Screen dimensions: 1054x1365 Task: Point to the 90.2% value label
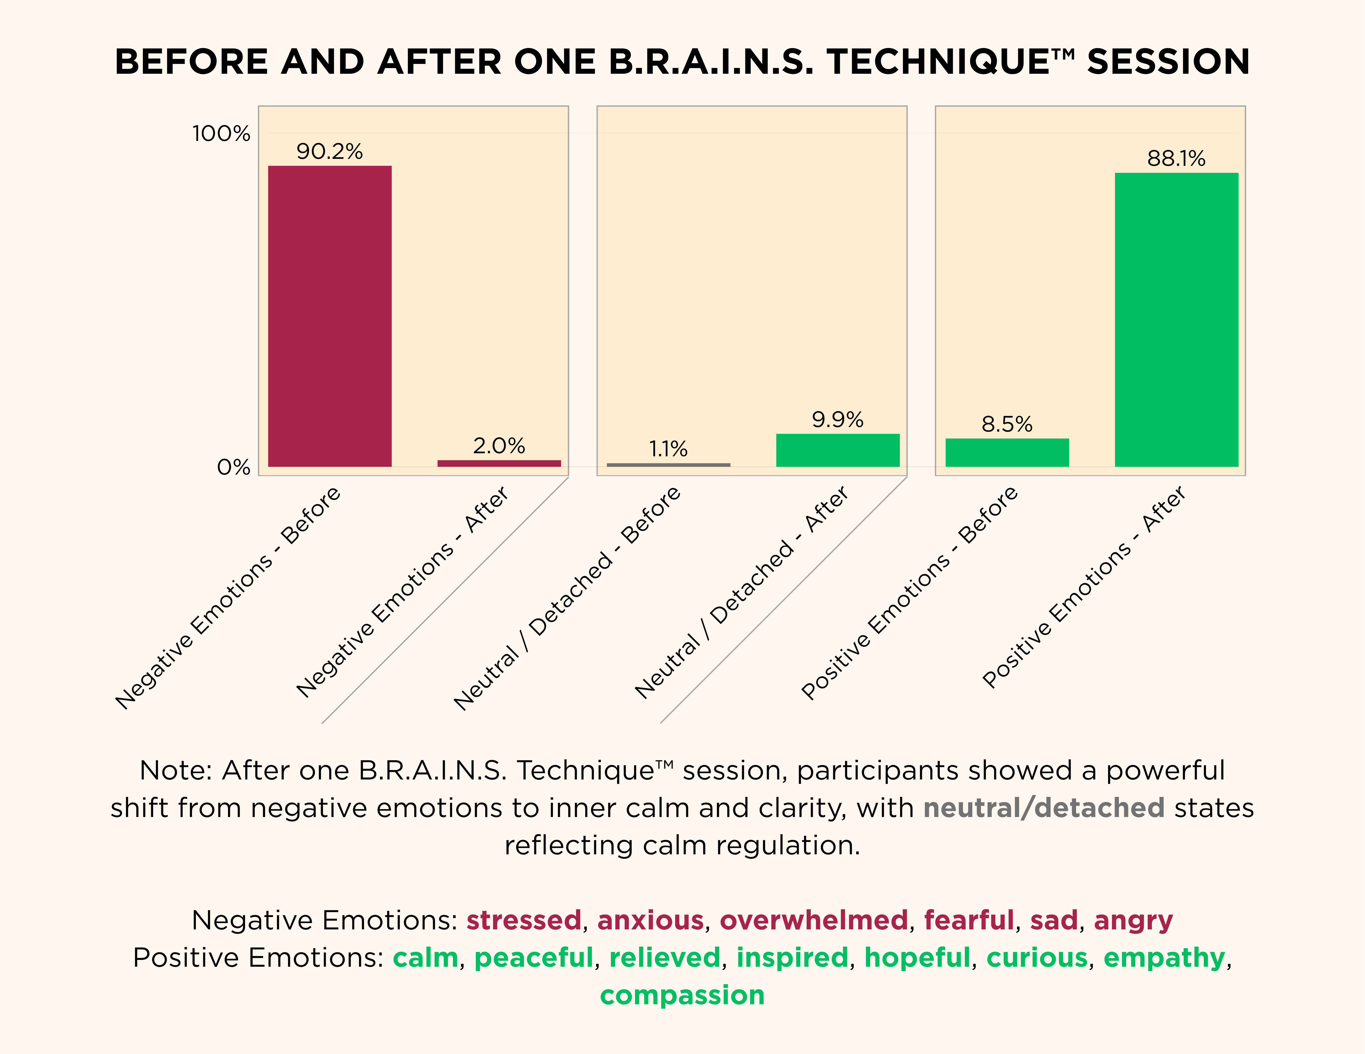coord(329,151)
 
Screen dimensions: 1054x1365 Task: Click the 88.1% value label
coord(1176,158)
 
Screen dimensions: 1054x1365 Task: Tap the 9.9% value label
coord(838,419)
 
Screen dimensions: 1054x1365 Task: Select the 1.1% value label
coord(668,449)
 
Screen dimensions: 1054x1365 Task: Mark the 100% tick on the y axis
coord(221,133)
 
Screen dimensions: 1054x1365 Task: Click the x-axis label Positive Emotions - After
coord(1084,587)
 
